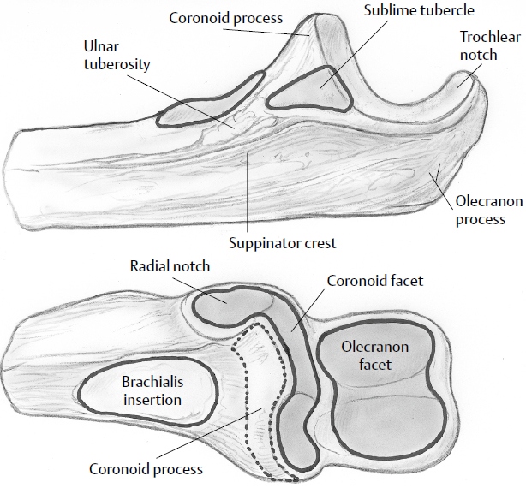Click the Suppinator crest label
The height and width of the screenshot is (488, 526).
pos(284,242)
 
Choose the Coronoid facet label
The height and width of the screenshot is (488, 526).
pos(374,280)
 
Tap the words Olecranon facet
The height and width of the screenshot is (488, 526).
pos(375,356)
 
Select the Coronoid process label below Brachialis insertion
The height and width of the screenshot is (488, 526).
pos(146,469)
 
